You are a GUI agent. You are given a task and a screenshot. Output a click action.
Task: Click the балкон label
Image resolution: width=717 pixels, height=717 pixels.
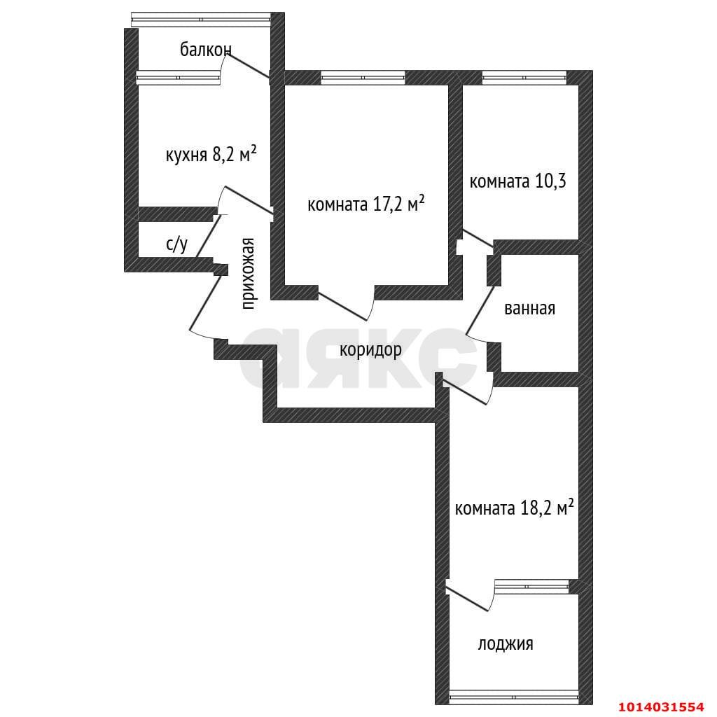coord(205,50)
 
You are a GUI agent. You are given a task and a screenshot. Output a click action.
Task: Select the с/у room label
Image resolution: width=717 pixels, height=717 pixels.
coord(176,244)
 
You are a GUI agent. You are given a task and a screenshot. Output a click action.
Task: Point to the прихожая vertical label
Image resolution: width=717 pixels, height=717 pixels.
coord(247,273)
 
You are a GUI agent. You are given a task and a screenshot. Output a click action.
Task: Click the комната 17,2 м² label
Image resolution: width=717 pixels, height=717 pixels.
coord(366,204)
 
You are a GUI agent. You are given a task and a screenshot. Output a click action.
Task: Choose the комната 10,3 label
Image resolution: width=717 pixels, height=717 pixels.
coord(517,182)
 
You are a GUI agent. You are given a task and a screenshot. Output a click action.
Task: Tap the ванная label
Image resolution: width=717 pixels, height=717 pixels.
coord(529,308)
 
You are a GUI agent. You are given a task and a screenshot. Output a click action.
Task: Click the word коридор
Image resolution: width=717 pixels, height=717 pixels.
coord(370,349)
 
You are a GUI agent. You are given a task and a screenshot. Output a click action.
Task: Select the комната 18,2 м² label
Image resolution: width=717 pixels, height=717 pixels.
coord(514,508)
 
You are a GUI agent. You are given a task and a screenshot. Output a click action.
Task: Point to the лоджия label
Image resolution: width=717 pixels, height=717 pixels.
coord(506,643)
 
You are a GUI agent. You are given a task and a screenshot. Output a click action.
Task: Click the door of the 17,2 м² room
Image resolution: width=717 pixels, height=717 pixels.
coord(345,302)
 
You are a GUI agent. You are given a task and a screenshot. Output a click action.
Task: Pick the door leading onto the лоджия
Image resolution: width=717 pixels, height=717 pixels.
coord(468,597)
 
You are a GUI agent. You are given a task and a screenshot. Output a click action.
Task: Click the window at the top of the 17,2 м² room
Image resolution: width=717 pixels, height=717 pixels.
coord(363,78)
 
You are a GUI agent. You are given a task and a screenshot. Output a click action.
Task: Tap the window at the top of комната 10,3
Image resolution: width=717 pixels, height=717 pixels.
coord(524,78)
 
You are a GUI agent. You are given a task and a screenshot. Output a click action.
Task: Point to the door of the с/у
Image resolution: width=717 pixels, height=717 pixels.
coord(207,235)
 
